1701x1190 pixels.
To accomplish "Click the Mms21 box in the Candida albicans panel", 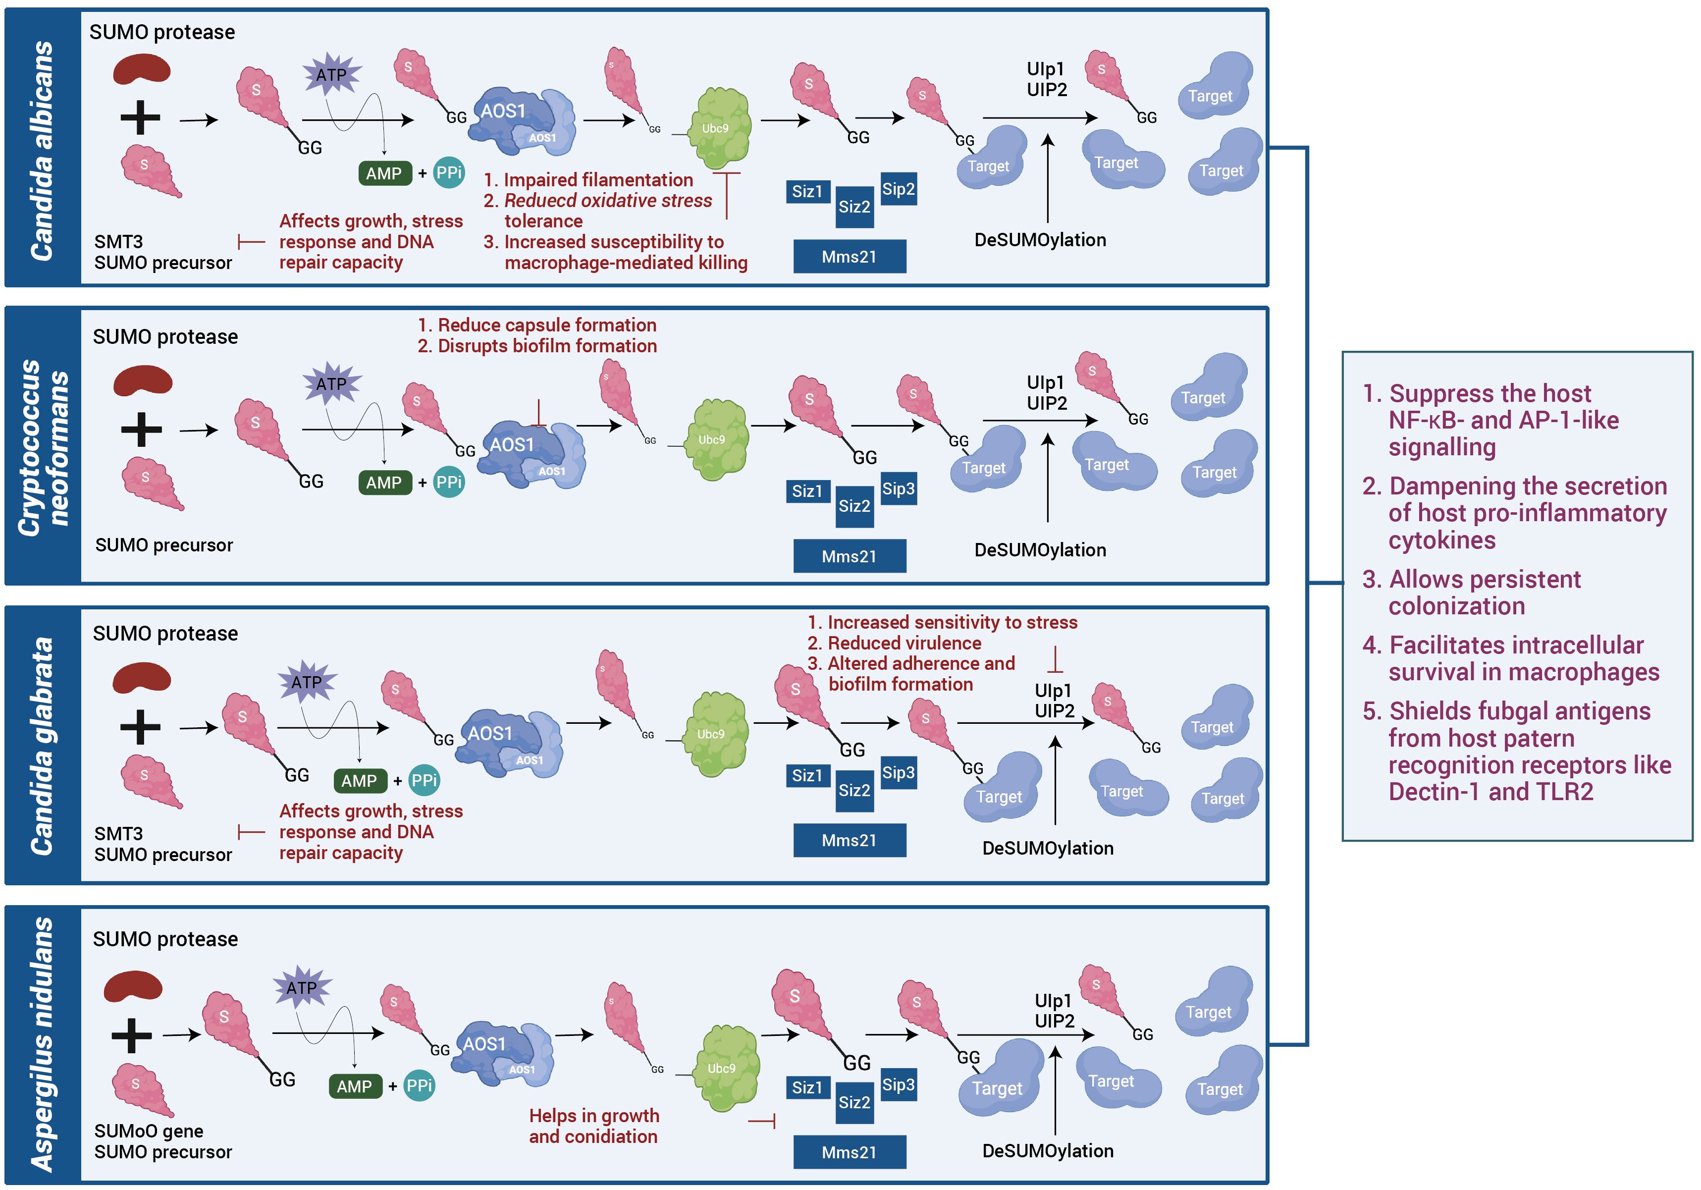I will [849, 256].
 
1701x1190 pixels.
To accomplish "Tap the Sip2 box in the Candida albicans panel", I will [898, 189].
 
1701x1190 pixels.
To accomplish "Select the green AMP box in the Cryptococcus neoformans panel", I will [384, 483].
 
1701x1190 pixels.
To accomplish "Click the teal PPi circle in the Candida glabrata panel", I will [424, 780].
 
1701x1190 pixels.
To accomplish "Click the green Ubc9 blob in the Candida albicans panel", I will [719, 128].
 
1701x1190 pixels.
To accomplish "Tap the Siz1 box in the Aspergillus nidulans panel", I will [807, 1087].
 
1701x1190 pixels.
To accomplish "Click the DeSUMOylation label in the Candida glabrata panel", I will [1048, 848].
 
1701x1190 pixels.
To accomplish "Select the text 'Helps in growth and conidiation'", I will [593, 1126].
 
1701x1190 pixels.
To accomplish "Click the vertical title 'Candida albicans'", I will [42, 151].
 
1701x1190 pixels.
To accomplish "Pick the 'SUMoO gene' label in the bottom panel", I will [148, 1131].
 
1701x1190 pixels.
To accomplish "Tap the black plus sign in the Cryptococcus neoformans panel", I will [141, 430].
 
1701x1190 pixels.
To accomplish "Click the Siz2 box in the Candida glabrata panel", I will [854, 790].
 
